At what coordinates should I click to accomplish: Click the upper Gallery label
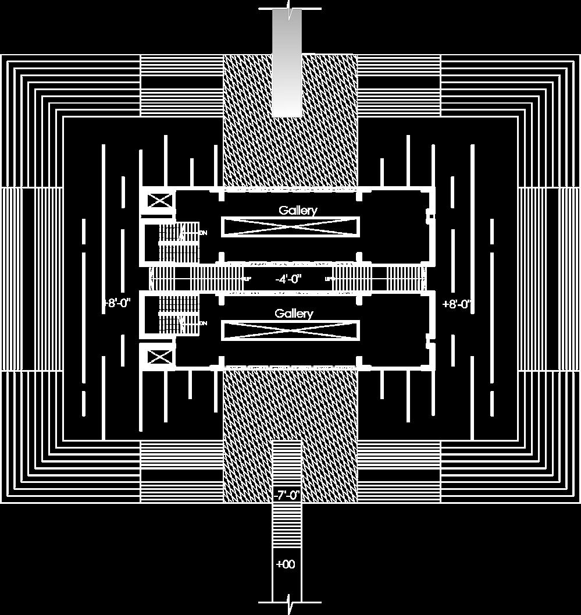[x=298, y=210]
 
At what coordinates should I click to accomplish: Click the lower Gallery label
[x=294, y=314]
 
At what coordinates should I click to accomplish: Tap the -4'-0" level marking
[x=288, y=279]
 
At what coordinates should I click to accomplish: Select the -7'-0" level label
[x=286, y=495]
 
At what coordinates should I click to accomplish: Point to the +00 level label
[x=286, y=564]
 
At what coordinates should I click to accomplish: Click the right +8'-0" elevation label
[x=457, y=304]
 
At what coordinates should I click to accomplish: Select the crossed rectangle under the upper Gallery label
[x=290, y=226]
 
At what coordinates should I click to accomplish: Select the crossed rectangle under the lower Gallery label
[x=290, y=330]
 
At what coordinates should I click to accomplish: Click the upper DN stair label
[x=204, y=233]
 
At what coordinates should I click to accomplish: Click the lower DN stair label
[x=204, y=323]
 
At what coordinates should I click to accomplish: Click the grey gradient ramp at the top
[x=287, y=64]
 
